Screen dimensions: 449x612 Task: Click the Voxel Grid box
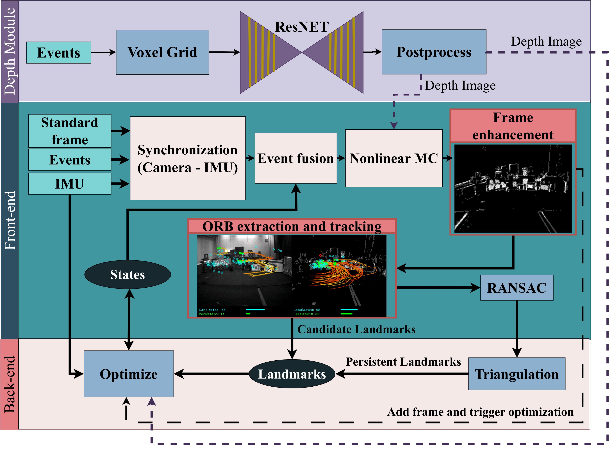[162, 52]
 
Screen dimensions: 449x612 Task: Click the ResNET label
[302, 27]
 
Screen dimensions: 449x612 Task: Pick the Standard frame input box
[70, 131]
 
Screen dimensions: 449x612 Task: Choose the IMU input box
[70, 184]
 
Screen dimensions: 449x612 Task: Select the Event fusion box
[295, 158]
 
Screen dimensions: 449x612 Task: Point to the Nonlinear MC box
[393, 158]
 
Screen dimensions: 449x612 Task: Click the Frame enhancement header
[513, 126]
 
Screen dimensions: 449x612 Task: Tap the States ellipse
[128, 274]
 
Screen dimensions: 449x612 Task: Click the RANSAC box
[517, 288]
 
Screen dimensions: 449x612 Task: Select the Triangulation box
[517, 374]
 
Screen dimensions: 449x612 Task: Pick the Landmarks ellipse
[292, 374]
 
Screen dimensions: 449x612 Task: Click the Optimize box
[129, 374]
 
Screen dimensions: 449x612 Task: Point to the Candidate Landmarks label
[356, 329]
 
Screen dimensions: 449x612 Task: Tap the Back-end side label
[10, 384]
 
